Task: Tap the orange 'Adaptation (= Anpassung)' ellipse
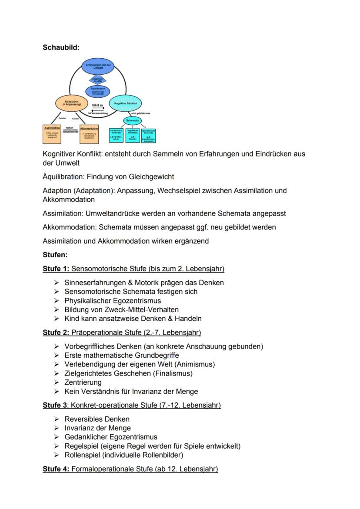pos(70,103)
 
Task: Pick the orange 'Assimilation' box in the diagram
pos(52,133)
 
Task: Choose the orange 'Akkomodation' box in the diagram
pos(89,133)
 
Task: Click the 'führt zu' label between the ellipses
pos(98,105)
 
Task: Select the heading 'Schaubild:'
pos(61,47)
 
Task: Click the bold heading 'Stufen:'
pos(55,255)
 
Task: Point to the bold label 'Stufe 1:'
pos(56,269)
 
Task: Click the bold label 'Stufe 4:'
pos(56,469)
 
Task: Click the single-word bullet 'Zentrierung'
pos(83,383)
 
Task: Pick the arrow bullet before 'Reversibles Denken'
pos(56,419)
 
